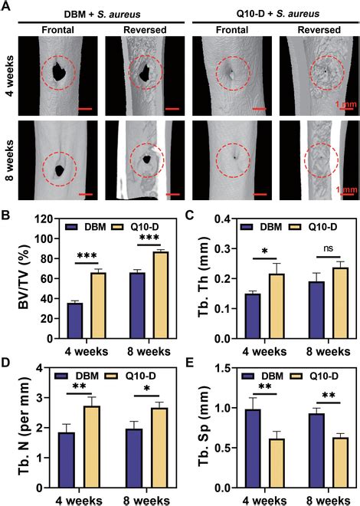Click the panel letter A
point(7,7)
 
